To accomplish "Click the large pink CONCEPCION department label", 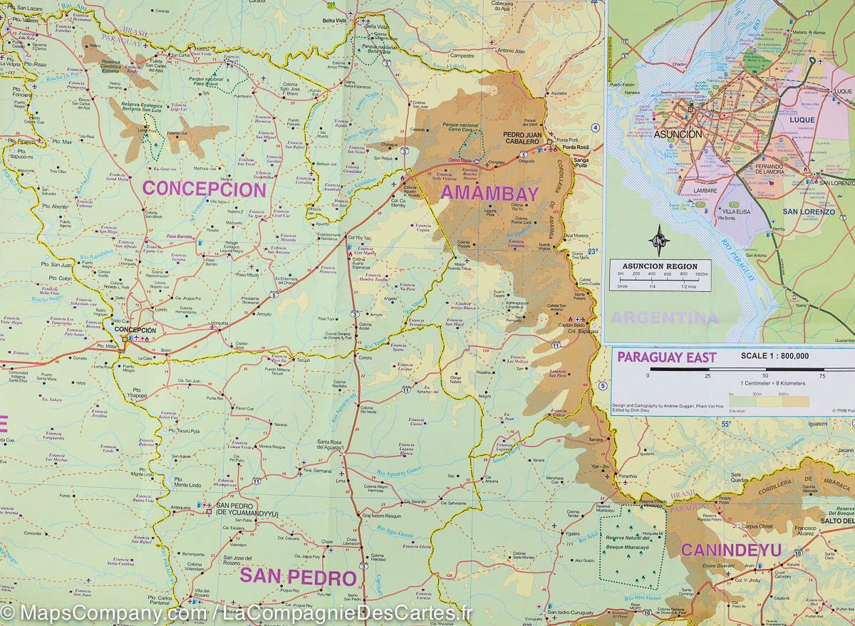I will [204, 189].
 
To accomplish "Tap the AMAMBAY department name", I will [489, 193].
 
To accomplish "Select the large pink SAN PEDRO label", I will [298, 575].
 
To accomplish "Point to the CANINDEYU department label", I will [730, 550].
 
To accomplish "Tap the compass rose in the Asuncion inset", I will [661, 240].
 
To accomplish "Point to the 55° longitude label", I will [725, 425].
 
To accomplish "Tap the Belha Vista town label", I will [333, 21].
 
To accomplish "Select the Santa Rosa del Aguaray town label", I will [336, 445].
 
